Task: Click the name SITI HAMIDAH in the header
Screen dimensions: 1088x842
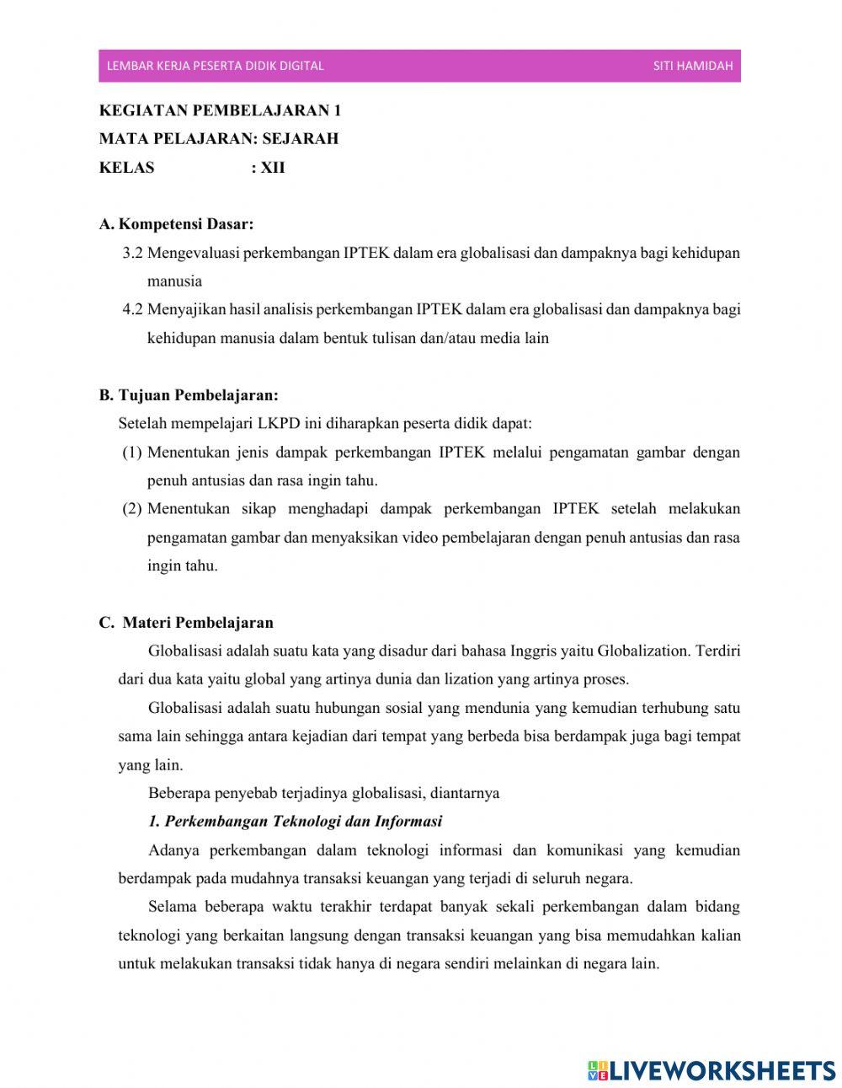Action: coord(692,66)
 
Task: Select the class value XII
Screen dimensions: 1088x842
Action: coord(273,168)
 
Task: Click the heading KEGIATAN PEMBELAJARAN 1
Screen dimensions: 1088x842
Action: coord(221,110)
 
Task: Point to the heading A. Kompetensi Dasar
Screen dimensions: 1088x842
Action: coord(176,224)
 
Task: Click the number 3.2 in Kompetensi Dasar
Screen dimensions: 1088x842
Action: coord(133,253)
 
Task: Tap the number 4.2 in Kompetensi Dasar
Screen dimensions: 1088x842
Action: coord(133,309)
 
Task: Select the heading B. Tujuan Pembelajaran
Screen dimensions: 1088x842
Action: coord(189,394)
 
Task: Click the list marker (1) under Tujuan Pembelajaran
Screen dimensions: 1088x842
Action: coord(132,453)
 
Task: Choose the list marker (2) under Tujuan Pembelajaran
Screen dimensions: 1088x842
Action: coord(132,509)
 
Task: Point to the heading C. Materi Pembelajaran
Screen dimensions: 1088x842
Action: coord(186,623)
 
